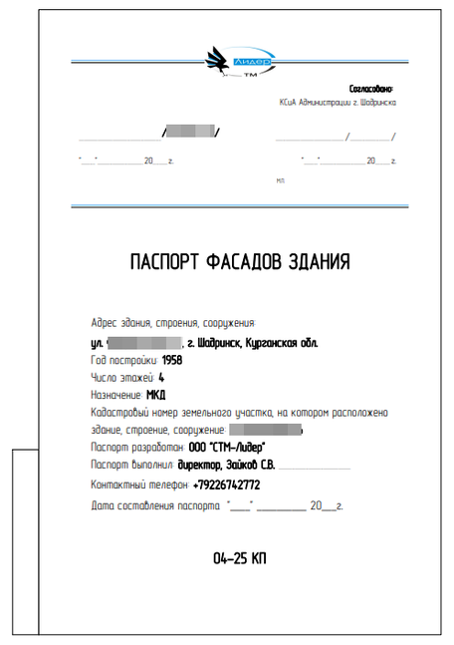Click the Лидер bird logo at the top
pos(232,60)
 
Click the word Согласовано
pos(373,89)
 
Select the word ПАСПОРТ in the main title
pos(165,262)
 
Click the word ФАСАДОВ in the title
pos(245,262)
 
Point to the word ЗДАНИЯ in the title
pos(319,262)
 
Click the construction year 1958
pos(172,360)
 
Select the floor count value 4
pos(161,378)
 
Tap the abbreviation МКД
pos(156,396)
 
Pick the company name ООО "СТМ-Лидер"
pos(227,448)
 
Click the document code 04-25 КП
pos(240,558)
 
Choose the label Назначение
pos(115,396)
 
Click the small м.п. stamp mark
pos(282,180)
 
